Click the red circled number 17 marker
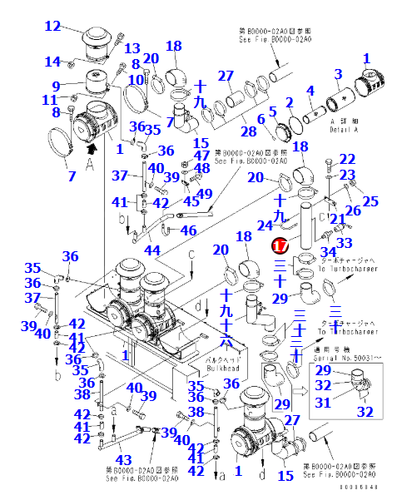point(280,247)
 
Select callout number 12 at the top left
point(52,27)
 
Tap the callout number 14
point(52,62)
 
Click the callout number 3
point(339,76)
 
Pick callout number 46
point(189,230)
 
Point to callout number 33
point(345,242)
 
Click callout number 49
point(205,194)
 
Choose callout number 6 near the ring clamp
point(261,120)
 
